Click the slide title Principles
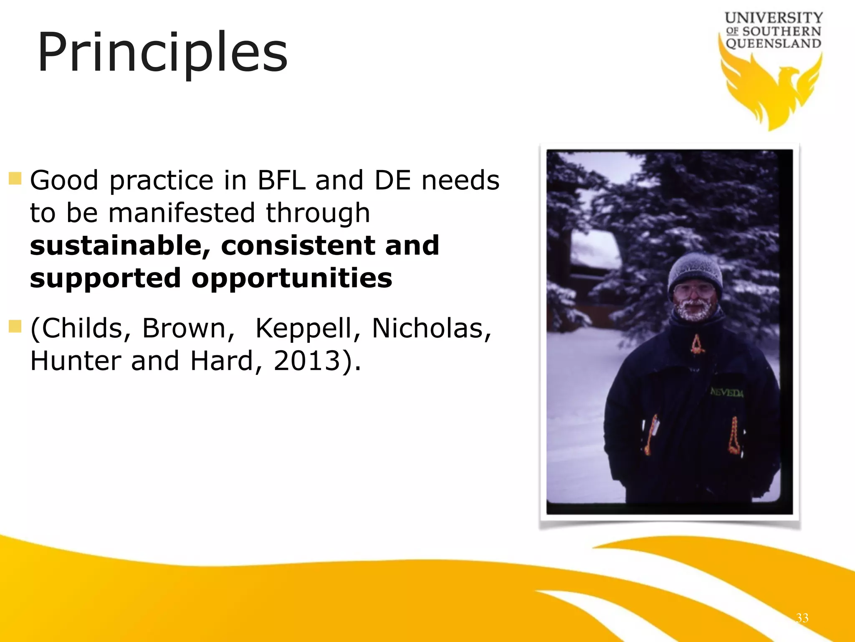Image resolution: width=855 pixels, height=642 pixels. tap(162, 53)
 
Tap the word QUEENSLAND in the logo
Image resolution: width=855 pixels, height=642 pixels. tap(773, 43)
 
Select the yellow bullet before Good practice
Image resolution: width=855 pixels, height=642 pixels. tap(15, 179)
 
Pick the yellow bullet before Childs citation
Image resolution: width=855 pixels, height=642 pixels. tap(15, 326)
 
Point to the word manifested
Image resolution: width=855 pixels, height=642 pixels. tap(181, 213)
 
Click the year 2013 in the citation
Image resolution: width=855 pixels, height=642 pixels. tap(306, 361)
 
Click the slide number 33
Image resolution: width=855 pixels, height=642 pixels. tap(802, 618)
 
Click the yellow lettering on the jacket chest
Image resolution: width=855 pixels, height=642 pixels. tap(727, 392)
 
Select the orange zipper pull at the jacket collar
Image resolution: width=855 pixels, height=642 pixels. tap(696, 344)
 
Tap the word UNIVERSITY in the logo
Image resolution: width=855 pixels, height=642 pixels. tap(774, 18)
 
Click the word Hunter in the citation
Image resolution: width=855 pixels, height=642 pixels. tap(75, 361)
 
